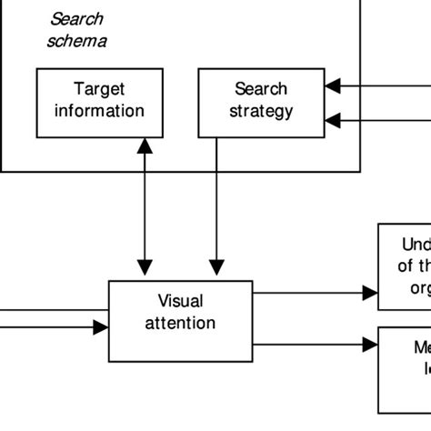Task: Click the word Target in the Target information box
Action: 99,89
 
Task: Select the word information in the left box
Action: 99,111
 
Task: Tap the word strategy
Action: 261,111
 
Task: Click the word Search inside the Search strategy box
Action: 261,89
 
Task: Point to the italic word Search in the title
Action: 76,18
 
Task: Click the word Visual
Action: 180,301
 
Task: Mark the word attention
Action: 180,323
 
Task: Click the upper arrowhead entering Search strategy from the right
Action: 333,86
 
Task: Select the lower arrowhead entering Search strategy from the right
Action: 333,118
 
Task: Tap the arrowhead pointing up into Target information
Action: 144,145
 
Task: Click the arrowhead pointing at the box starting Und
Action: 370,293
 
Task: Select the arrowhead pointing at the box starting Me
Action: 370,345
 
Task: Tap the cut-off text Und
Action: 416,244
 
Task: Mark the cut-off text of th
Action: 415,266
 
